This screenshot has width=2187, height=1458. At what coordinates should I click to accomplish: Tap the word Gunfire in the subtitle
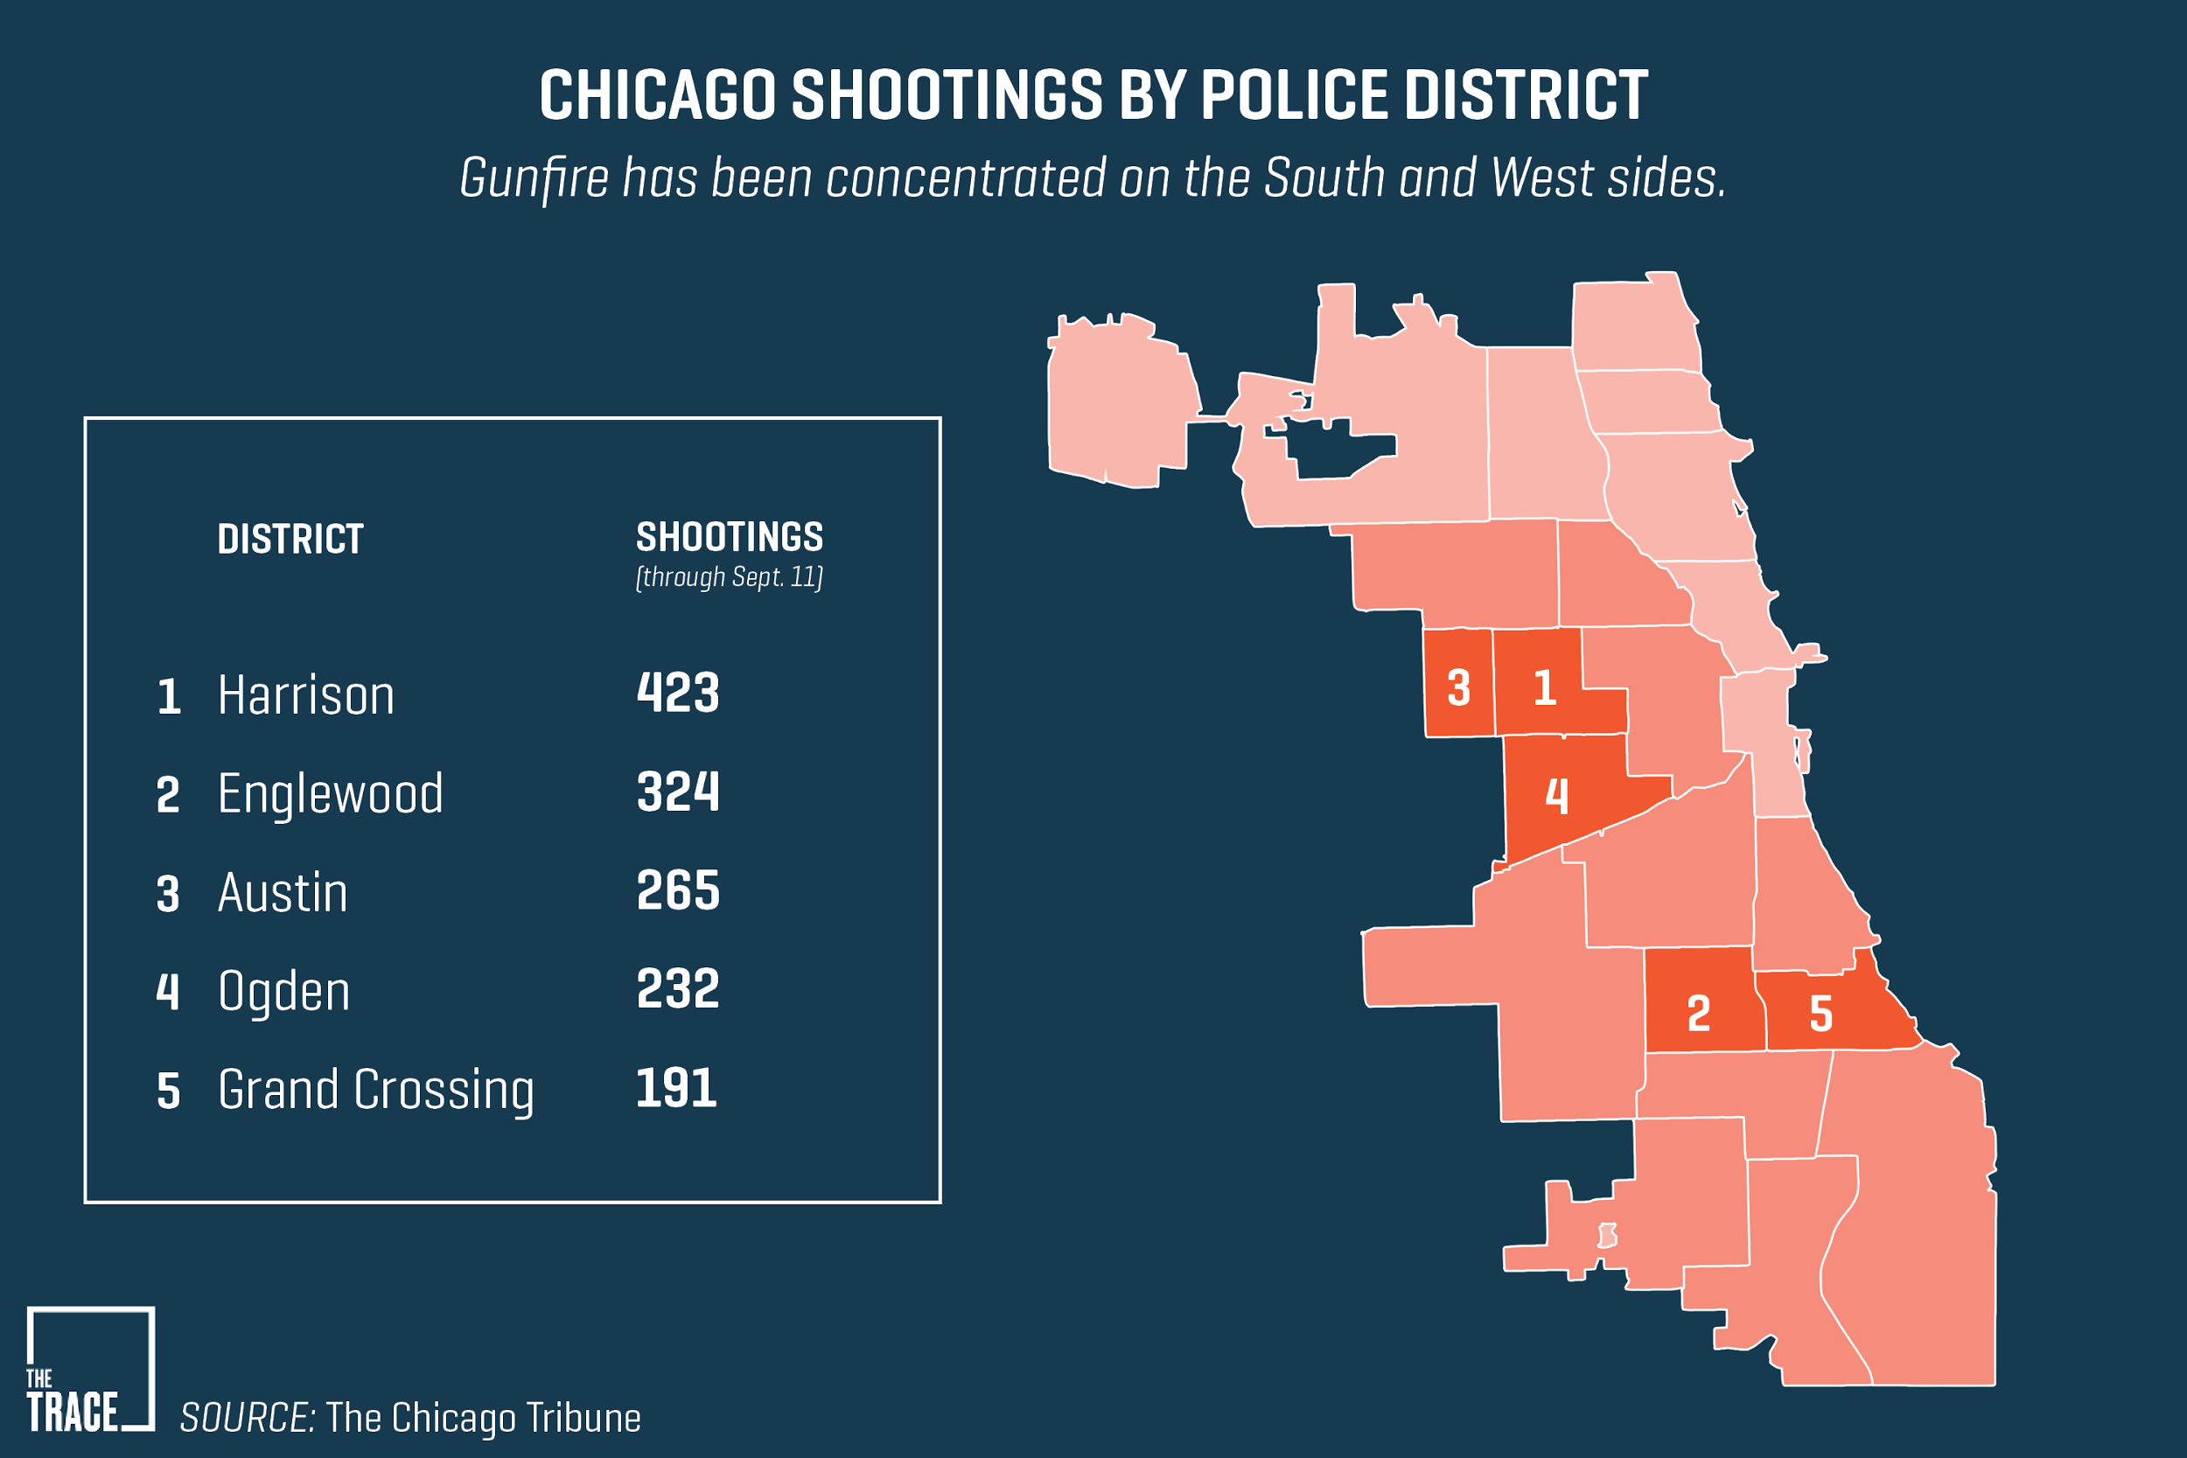(534, 178)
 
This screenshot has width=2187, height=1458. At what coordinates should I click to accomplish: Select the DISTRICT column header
(290, 540)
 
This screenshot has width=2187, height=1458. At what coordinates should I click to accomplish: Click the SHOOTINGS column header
(729, 537)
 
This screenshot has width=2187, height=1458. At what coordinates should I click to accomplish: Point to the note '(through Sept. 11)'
(729, 577)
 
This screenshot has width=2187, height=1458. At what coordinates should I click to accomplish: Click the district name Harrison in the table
(306, 695)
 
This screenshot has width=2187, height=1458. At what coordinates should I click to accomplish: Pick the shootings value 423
(678, 693)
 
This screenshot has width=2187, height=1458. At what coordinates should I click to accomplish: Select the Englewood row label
(330, 794)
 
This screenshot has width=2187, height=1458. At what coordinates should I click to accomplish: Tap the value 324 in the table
(678, 792)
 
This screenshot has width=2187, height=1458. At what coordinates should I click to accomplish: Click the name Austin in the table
(283, 893)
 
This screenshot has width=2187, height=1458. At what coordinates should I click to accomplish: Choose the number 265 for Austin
(678, 890)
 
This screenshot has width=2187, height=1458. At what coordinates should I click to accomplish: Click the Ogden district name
(283, 991)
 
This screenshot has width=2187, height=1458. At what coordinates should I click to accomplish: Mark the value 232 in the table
(678, 988)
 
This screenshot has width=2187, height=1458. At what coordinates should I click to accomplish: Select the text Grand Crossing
(375, 1090)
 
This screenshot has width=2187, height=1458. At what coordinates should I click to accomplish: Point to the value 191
(676, 1088)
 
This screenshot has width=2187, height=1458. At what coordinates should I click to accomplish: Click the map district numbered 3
(1459, 688)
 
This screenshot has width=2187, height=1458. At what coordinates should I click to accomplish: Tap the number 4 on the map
(1556, 796)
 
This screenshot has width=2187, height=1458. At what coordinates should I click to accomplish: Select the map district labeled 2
(1699, 1014)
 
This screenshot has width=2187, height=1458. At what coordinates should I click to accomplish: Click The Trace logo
(89, 1368)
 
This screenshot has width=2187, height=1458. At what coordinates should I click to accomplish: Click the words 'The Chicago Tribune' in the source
(483, 1418)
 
